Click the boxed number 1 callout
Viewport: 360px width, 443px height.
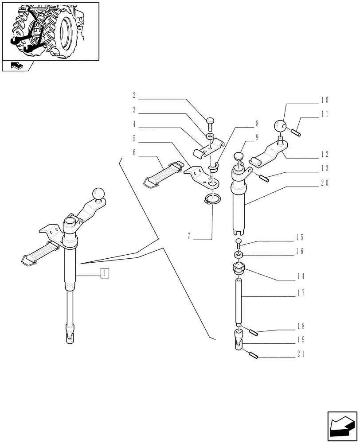click(x=104, y=273)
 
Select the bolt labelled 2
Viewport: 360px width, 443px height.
click(x=211, y=120)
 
